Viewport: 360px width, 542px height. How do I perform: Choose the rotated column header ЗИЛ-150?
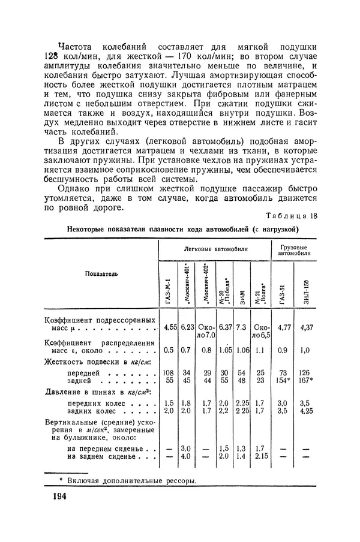tap(306, 291)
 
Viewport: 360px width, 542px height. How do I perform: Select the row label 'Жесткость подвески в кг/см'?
tap(97, 362)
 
